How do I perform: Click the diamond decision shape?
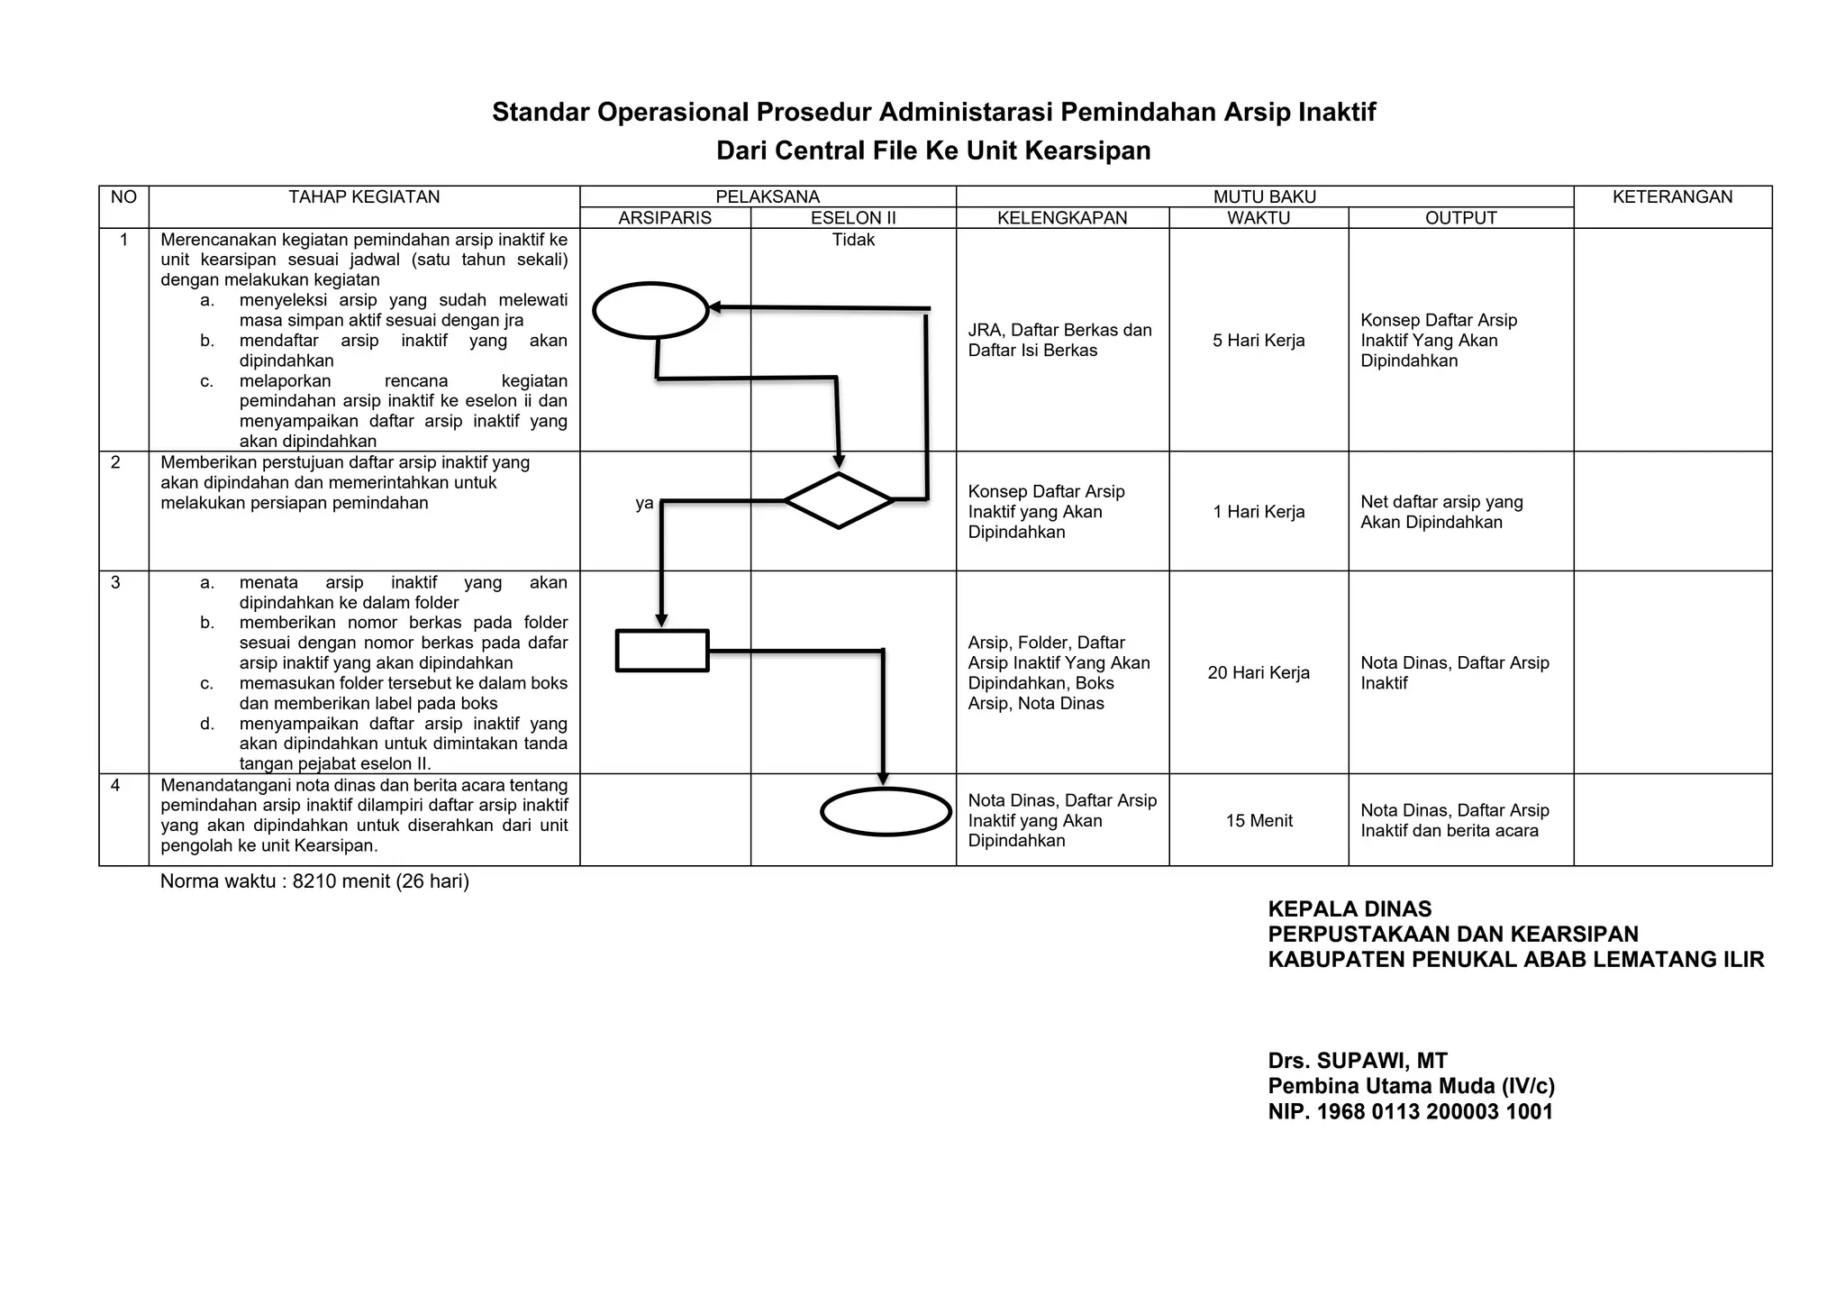point(838,500)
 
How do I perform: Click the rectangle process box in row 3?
point(662,651)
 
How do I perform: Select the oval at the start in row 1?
point(650,310)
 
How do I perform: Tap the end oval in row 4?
point(886,812)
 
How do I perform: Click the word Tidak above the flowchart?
point(853,240)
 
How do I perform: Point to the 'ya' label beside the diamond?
point(644,504)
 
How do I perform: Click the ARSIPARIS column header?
point(665,218)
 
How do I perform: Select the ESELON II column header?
point(853,218)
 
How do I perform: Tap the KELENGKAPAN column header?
point(1062,218)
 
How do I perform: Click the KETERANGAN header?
point(1672,197)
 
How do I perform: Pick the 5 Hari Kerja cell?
point(1259,341)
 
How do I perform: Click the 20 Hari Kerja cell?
point(1259,673)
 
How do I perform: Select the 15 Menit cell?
point(1259,821)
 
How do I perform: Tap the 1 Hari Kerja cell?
point(1259,512)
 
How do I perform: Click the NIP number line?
point(1411,1111)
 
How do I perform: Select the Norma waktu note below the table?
point(314,881)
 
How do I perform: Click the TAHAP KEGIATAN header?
point(364,197)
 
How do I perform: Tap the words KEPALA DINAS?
point(1350,909)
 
